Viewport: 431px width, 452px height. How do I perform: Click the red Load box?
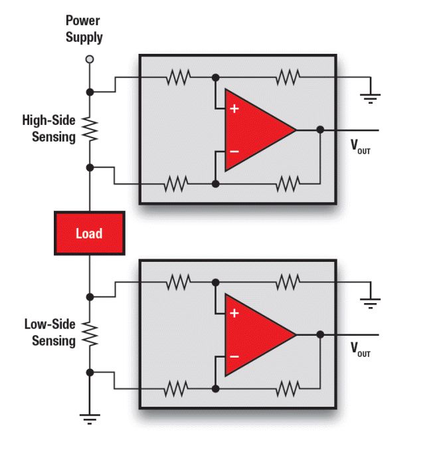pos(89,233)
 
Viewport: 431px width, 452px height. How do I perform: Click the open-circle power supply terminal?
pos(90,59)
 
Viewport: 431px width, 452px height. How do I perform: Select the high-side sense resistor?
pos(90,129)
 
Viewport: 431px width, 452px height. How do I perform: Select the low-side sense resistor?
pos(90,334)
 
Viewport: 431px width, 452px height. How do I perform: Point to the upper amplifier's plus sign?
pos(234,108)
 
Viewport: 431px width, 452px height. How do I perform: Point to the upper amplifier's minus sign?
pos(234,152)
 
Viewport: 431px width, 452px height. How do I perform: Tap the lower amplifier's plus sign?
pos(234,312)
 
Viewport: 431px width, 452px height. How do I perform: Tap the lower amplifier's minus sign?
pos(234,356)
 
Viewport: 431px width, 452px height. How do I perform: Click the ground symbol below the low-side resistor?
pos(90,418)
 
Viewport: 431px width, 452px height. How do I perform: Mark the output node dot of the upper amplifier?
pos(320,130)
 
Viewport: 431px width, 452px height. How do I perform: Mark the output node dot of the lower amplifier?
pos(320,334)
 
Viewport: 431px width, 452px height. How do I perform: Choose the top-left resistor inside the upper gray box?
pos(178,78)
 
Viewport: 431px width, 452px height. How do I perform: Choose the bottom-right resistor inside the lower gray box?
pos(288,387)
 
